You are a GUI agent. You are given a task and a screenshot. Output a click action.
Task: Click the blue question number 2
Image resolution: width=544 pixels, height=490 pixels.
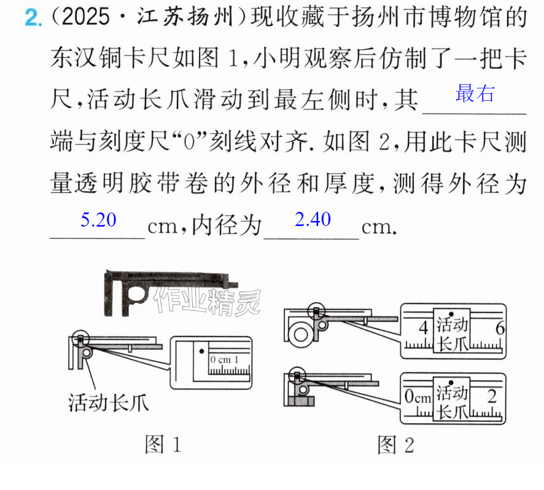pyautogui.click(x=33, y=17)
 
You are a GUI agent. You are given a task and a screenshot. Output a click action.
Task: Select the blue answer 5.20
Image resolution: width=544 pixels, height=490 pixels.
pyautogui.click(x=98, y=220)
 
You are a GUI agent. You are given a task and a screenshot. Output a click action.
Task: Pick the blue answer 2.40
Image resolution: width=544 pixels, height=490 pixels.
pyautogui.click(x=313, y=219)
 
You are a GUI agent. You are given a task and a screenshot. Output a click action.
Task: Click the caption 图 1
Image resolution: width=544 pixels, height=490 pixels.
pyautogui.click(x=163, y=445)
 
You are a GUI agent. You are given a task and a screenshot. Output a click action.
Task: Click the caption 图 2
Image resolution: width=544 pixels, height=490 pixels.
pyautogui.click(x=395, y=445)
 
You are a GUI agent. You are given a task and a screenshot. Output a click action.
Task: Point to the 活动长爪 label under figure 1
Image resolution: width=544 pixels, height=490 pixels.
pyautogui.click(x=108, y=403)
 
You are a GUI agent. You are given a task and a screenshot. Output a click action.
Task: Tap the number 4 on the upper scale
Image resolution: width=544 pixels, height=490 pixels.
pyautogui.click(x=423, y=328)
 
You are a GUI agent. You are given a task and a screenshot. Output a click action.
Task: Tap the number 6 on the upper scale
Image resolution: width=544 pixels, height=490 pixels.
pyautogui.click(x=500, y=328)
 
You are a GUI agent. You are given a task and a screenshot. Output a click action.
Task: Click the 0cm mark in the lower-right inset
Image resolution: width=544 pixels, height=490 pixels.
pyautogui.click(x=418, y=396)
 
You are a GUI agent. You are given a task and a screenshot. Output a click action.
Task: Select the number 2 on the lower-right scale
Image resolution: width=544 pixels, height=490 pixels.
pyautogui.click(x=492, y=396)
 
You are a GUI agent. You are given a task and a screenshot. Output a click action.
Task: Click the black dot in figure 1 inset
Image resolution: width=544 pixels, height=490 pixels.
pyautogui.click(x=201, y=352)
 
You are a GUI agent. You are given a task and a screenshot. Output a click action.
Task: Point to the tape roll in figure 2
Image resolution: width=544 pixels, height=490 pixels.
pyautogui.click(x=300, y=335)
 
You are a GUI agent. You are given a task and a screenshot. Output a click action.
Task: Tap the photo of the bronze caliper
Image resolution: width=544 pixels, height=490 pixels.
pyautogui.click(x=171, y=292)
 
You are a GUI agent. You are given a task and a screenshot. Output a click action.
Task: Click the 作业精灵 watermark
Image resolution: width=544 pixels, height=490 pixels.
pyautogui.click(x=208, y=300)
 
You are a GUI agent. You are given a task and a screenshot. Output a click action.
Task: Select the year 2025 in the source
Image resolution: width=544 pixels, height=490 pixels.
pyautogui.click(x=85, y=17)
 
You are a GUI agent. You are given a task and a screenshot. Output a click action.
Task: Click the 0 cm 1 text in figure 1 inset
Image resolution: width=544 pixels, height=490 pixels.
pyautogui.click(x=225, y=360)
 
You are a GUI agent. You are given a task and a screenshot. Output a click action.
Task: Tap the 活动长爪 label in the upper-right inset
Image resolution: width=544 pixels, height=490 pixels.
pyautogui.click(x=451, y=335)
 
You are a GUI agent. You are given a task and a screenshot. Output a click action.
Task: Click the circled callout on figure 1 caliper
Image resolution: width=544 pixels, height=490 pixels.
pyautogui.click(x=80, y=331)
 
